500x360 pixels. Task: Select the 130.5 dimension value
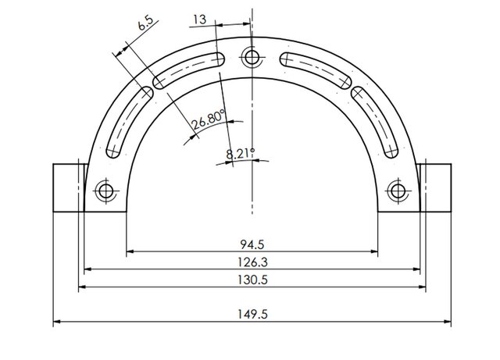tap(252, 279)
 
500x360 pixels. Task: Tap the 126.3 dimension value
tap(252, 262)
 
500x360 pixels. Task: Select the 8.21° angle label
tap(241, 153)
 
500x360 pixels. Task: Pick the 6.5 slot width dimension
tap(145, 23)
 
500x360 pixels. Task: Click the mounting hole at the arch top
tap(252, 56)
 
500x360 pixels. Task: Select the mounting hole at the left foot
tap(105, 190)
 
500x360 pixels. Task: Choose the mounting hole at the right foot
tap(398, 190)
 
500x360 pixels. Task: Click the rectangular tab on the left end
tap(67, 187)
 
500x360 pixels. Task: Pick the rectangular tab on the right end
tap(436, 187)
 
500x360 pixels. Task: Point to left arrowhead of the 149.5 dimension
tap(57, 322)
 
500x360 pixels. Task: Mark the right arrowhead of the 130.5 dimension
tap(422, 287)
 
